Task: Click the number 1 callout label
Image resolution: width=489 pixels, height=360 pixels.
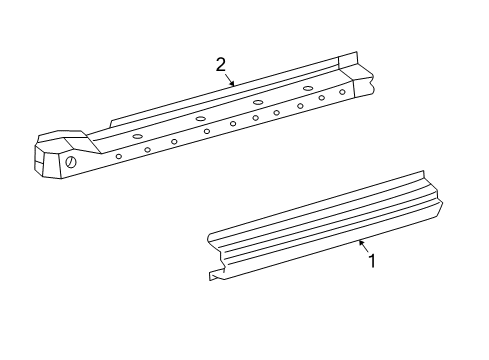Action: [x=372, y=261]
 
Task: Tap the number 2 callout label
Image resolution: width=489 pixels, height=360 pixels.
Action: [x=221, y=65]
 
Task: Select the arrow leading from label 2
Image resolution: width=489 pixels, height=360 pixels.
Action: [x=229, y=78]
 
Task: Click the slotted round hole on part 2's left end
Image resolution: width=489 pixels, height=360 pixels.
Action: [x=71, y=163]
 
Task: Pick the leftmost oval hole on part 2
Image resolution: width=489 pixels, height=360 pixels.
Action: [x=137, y=136]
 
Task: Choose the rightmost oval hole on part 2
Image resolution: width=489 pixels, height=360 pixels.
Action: [x=308, y=88]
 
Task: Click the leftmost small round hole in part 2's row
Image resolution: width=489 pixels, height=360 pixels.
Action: [x=119, y=156]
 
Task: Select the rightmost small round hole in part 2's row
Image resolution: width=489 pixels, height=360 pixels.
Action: [x=342, y=92]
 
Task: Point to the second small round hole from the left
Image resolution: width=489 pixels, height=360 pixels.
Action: [x=147, y=149]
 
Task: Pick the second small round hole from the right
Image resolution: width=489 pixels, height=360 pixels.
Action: [x=321, y=98]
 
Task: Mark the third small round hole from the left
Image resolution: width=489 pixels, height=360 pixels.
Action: [x=174, y=142]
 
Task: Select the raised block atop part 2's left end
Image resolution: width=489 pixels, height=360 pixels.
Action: [x=63, y=136]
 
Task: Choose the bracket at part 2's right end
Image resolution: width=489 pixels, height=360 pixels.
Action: [x=355, y=75]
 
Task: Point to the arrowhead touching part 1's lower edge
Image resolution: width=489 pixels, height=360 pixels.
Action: [x=360, y=242]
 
